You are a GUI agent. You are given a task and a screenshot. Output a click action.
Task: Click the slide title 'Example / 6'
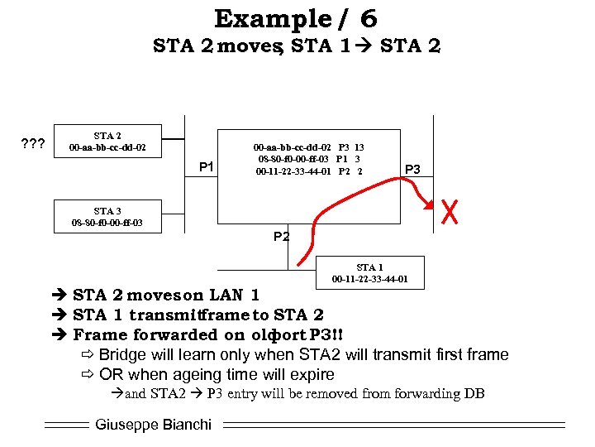(297, 17)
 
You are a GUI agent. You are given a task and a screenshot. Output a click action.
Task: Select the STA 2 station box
(107, 142)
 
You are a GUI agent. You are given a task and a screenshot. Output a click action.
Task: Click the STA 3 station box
(107, 216)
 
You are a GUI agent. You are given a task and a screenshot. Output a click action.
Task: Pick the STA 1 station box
(369, 272)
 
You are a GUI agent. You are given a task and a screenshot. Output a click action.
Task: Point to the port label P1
(207, 168)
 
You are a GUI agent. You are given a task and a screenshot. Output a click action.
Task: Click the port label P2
(282, 237)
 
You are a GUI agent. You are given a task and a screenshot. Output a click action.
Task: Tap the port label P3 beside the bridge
(412, 170)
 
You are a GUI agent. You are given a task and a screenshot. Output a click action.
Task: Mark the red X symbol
(450, 212)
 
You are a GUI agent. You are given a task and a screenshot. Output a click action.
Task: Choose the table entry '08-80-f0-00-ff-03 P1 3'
(307, 158)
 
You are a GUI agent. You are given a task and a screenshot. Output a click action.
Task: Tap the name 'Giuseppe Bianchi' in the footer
(154, 425)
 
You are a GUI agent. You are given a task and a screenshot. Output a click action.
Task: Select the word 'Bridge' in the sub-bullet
(121, 354)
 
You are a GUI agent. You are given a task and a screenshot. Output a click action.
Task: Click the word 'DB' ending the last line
(474, 393)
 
